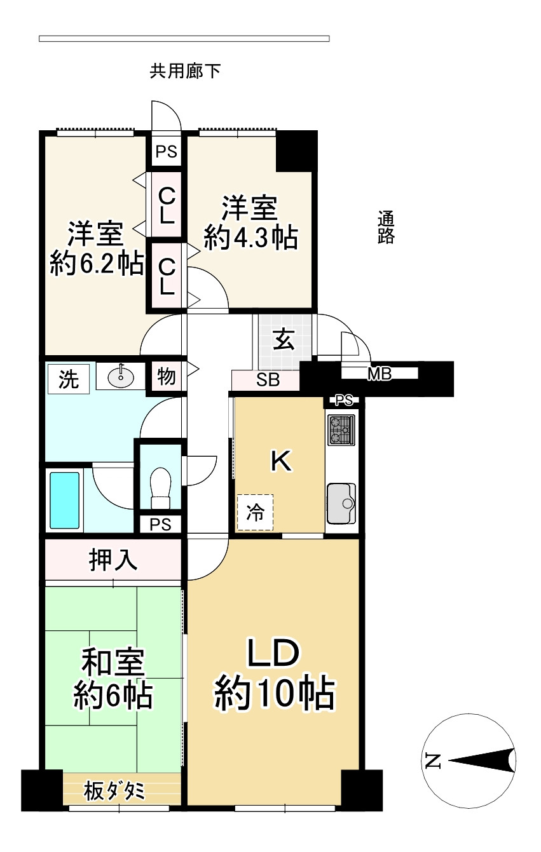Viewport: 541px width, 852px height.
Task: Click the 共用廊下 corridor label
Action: (x=185, y=71)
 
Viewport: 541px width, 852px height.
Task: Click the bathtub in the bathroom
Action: (x=65, y=500)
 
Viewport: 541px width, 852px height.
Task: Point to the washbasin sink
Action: (x=120, y=377)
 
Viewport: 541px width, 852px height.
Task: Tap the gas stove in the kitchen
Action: (x=341, y=430)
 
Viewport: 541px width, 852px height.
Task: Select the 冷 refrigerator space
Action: (x=255, y=513)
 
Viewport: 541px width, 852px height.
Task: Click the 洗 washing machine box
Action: (x=69, y=379)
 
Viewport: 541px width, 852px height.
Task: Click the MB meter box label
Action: (x=380, y=374)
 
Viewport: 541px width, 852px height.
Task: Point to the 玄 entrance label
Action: (x=284, y=341)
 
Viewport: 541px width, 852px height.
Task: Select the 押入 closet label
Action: (x=113, y=561)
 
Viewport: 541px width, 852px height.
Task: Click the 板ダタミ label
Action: (x=114, y=792)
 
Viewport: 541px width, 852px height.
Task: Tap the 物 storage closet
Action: (x=166, y=377)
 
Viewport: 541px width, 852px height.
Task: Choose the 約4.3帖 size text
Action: (x=250, y=238)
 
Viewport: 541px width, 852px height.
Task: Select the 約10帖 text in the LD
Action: (x=274, y=693)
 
